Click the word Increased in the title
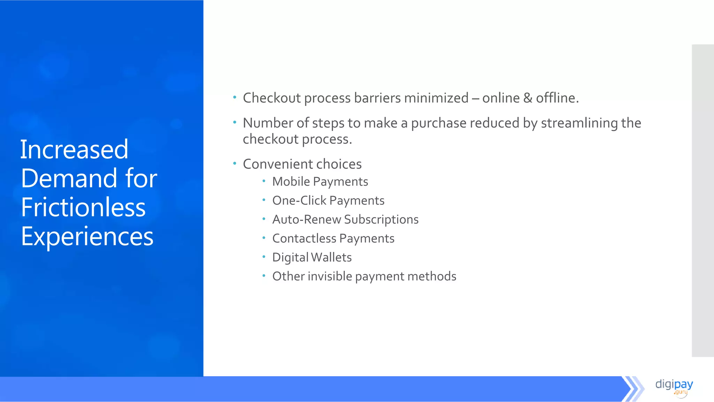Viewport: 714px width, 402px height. point(74,149)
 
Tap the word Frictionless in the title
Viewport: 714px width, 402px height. point(83,207)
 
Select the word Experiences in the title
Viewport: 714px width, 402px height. point(87,237)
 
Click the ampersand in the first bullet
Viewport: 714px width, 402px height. point(528,98)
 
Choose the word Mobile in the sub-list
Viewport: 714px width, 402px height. point(291,181)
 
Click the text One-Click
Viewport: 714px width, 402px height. point(299,201)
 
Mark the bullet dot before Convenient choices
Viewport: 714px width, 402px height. point(235,163)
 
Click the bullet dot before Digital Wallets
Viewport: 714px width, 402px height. point(264,256)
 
